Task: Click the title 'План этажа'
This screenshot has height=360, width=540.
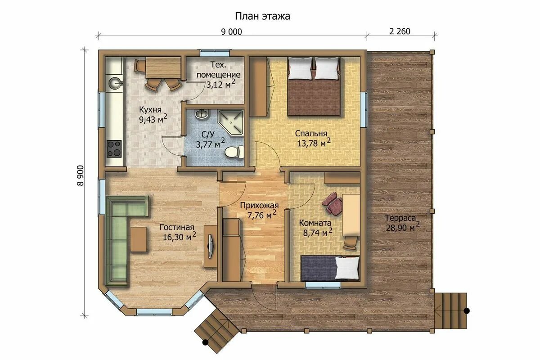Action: click(x=262, y=16)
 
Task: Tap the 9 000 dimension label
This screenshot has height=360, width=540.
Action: click(x=231, y=31)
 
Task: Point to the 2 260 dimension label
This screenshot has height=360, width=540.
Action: click(x=400, y=31)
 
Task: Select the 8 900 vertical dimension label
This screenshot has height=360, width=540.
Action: click(x=80, y=175)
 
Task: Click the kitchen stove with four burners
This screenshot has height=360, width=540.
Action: click(x=114, y=148)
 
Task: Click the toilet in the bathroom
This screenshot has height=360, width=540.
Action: click(x=234, y=152)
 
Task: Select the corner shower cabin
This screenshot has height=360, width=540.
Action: click(x=231, y=122)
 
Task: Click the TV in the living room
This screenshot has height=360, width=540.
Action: click(x=211, y=246)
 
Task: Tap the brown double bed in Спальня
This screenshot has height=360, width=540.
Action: click(x=314, y=86)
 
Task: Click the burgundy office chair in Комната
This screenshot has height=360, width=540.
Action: click(x=332, y=202)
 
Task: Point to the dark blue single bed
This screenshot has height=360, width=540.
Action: click(x=330, y=268)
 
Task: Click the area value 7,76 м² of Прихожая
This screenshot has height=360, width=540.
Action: click(x=261, y=215)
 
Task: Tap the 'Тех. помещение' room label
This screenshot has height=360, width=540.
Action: click(x=218, y=70)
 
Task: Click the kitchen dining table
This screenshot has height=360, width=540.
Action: click(x=163, y=67)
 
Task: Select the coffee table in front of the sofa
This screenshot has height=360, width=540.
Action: click(x=139, y=239)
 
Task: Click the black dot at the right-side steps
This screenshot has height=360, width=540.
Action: click(x=467, y=311)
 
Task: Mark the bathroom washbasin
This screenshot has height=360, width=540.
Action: click(x=202, y=114)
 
